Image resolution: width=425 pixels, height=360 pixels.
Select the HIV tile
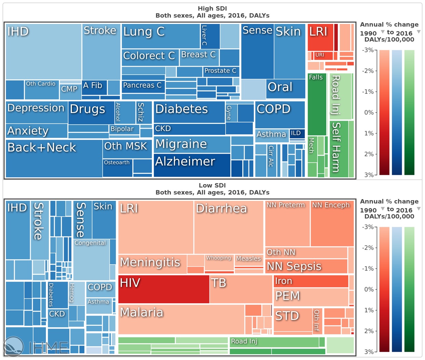[164, 289]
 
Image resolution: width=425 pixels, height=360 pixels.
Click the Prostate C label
[220, 71]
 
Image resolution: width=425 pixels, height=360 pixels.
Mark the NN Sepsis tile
[306, 266]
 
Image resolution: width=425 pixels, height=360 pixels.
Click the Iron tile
[310, 281]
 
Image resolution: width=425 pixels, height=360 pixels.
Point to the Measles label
[248, 259]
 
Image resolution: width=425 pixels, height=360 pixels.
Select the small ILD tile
[297, 133]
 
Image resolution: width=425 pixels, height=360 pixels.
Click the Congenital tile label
[90, 243]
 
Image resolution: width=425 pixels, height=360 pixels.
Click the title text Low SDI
[212, 185]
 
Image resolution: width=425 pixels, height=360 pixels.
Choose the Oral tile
[285, 88]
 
